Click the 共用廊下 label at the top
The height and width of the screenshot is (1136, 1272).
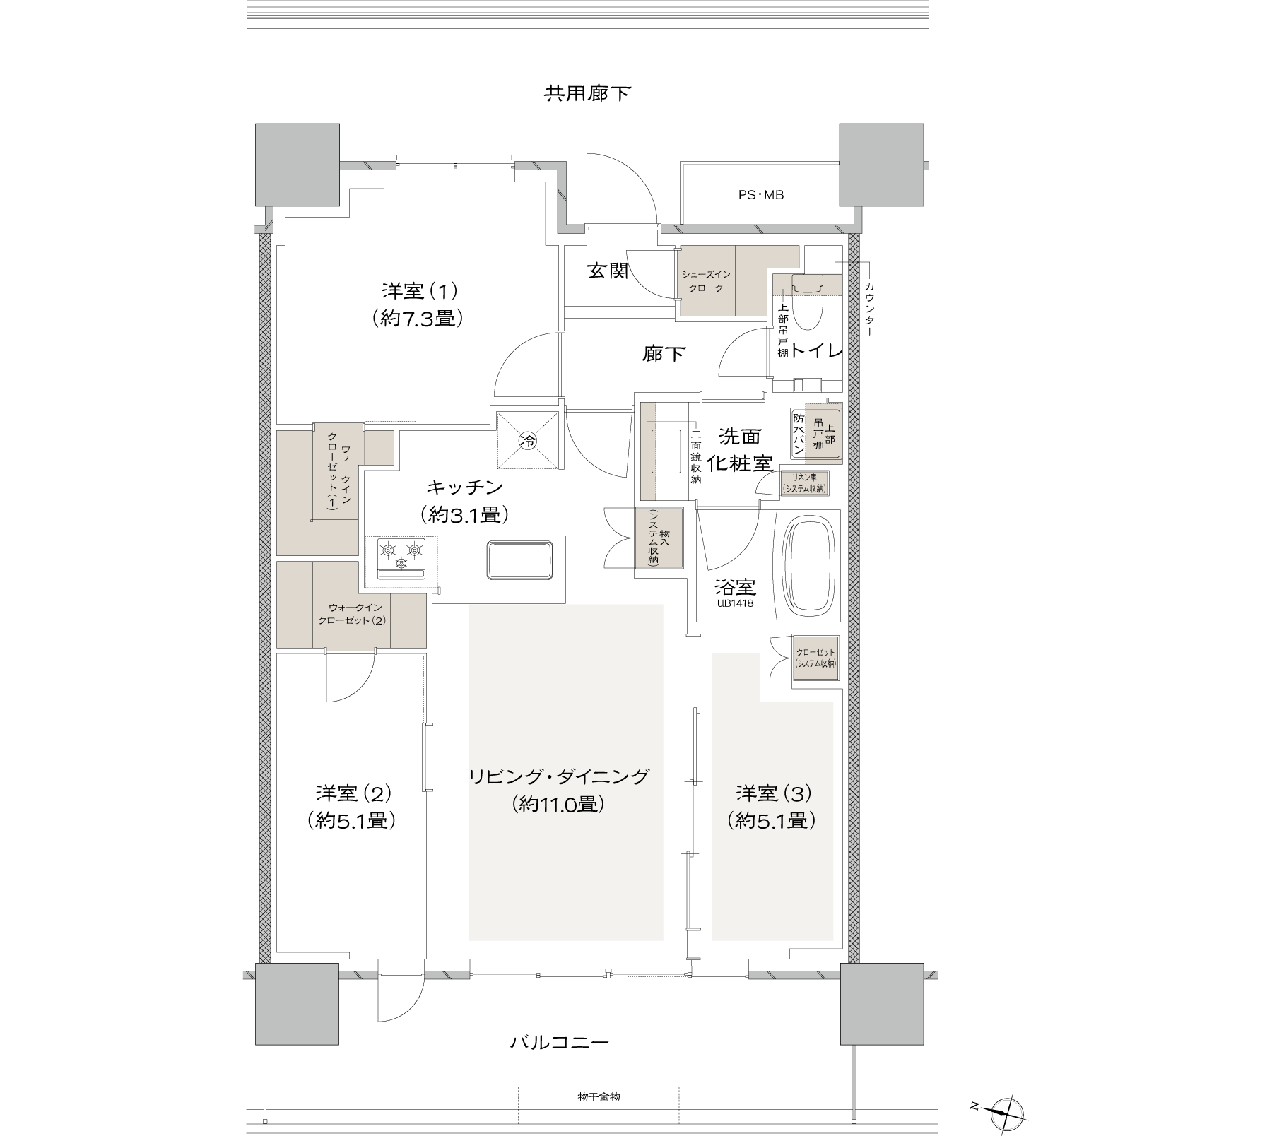pos(587,93)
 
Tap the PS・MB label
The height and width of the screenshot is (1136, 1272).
pos(761,195)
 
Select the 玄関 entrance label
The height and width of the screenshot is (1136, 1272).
pos(608,271)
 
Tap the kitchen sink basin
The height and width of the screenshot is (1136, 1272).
pos(518,560)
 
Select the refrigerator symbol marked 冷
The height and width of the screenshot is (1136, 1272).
pos(528,441)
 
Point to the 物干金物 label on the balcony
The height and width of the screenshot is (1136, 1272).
pos(599,1096)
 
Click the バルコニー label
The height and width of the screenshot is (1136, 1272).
pos(559,1042)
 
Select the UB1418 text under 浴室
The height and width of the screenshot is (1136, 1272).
pos(736,604)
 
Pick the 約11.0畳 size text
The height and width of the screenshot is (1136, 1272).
pos(559,804)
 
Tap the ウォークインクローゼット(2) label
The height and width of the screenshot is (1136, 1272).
pos(351,614)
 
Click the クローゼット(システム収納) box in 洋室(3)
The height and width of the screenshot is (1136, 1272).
pos(815,658)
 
